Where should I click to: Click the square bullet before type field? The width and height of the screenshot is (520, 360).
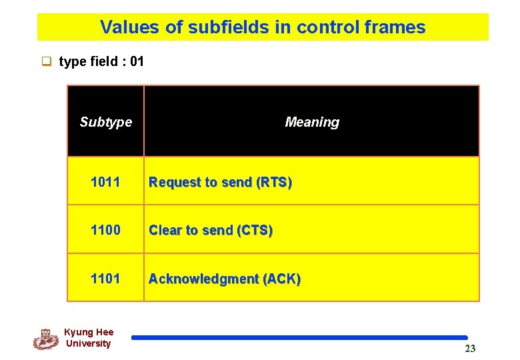point(47,63)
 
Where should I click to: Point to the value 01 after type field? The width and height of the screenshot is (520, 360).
point(137,62)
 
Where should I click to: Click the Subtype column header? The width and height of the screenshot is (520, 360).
point(105,122)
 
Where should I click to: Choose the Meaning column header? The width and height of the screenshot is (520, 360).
point(311,122)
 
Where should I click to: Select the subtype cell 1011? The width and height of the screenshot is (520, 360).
point(105,181)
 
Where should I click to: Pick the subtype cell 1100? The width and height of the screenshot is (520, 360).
point(105,230)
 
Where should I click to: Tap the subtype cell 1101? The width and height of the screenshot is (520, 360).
point(105,278)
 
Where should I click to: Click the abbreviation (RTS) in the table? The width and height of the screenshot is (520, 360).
point(274,182)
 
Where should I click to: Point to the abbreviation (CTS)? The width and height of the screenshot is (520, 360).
point(255,231)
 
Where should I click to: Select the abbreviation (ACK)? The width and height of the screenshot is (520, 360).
point(282,279)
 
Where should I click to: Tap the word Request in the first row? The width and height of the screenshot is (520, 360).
point(173,182)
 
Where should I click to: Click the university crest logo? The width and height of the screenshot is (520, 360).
point(45,339)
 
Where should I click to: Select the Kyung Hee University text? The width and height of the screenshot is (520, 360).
point(88,338)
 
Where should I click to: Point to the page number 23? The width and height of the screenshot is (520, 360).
point(470,349)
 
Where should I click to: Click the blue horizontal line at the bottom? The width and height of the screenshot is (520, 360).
point(299,338)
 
